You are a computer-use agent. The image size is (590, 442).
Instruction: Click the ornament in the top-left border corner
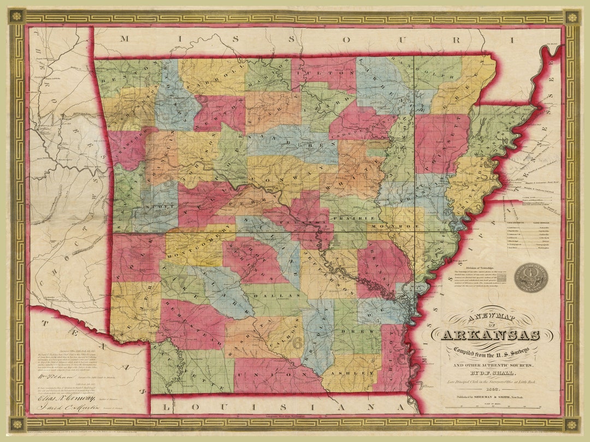[x=16, y=16]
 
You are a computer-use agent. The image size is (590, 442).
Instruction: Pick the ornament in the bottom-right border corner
[x=572, y=424]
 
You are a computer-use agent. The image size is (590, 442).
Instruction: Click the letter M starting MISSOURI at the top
[x=124, y=38]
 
